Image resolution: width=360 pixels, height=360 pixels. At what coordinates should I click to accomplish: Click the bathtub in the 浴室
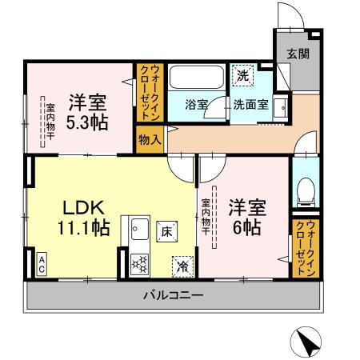tap(196, 79)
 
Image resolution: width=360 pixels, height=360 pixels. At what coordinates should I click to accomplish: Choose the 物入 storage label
tap(150, 139)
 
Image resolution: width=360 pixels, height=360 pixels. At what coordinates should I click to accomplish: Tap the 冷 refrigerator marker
tap(183, 265)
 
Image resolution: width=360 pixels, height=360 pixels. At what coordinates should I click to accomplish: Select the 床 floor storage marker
tap(167, 231)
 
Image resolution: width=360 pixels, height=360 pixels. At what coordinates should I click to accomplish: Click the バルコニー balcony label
tap(174, 295)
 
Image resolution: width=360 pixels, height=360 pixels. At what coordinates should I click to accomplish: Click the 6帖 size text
tap(245, 226)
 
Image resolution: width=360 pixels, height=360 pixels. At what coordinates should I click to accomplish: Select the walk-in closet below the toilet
tap(305, 248)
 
